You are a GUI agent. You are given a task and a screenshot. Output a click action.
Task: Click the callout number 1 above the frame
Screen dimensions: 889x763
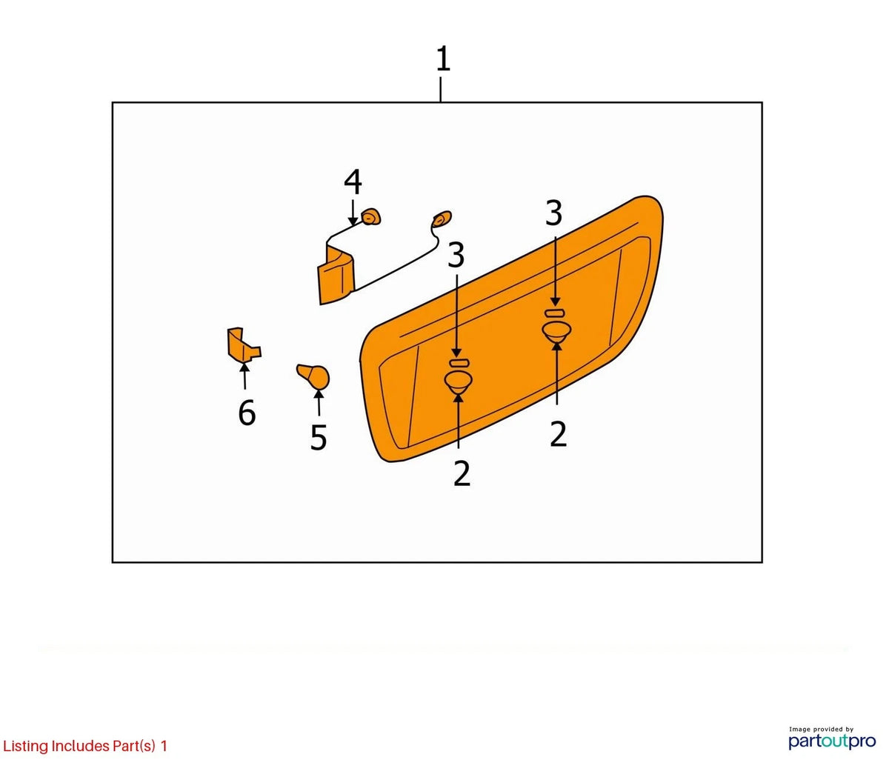pyautogui.click(x=443, y=59)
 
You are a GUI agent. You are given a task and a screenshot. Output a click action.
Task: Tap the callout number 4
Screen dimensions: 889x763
pyautogui.click(x=353, y=181)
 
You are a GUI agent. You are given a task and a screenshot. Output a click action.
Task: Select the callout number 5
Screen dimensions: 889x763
pyautogui.click(x=319, y=437)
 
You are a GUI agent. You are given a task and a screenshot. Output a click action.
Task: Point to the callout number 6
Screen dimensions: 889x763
pyautogui.click(x=247, y=413)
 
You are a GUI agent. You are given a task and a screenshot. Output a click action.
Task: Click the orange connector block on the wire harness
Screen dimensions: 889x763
pyautogui.click(x=336, y=276)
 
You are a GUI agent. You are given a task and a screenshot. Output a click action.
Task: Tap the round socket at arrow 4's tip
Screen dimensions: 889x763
pyautogui.click(x=370, y=217)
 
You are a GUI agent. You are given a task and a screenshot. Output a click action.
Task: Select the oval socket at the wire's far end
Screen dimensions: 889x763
pyautogui.click(x=442, y=219)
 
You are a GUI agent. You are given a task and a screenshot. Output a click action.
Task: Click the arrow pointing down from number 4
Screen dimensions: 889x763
pyautogui.click(x=353, y=213)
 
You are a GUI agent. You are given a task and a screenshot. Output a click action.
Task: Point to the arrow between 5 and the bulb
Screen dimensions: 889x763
pyautogui.click(x=319, y=402)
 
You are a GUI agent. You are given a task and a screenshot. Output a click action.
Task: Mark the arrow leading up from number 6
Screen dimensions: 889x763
pyautogui.click(x=244, y=376)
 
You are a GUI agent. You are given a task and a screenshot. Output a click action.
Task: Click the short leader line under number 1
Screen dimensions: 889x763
pyautogui.click(x=440, y=90)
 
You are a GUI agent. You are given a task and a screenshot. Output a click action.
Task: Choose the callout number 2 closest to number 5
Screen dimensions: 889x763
pyautogui.click(x=462, y=473)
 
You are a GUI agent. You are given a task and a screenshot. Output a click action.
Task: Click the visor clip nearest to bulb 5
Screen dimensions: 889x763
pyautogui.click(x=458, y=381)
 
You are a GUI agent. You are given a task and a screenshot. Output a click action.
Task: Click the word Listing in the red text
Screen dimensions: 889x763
pyautogui.click(x=25, y=745)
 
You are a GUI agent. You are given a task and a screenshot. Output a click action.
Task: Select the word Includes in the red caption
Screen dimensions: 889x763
pyautogui.click(x=81, y=745)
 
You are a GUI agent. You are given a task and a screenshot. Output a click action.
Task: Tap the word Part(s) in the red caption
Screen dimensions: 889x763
pyautogui.click(x=134, y=745)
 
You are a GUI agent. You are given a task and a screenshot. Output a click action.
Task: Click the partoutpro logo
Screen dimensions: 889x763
pyautogui.click(x=832, y=741)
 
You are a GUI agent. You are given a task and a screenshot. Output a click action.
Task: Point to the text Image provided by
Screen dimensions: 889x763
pyautogui.click(x=821, y=729)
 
